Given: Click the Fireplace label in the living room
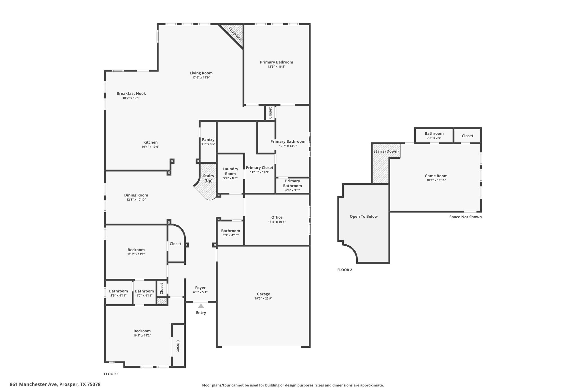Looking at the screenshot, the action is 235,34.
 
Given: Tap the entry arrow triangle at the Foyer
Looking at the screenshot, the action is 201,306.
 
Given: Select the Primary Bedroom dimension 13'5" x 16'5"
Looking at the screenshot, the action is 276,67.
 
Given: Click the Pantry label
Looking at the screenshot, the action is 208,140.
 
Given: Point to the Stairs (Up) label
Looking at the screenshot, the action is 208,178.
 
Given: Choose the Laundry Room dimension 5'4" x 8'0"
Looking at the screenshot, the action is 230,178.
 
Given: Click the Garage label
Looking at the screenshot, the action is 263,294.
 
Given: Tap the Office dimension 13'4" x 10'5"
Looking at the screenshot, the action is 277,222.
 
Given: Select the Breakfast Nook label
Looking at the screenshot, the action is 131,93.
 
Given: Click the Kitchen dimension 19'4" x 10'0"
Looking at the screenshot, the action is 151,147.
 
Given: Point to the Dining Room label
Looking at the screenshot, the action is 136,195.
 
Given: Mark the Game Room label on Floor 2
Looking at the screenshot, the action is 436,176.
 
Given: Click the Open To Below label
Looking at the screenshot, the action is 364,217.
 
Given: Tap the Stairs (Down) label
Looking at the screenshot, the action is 386,151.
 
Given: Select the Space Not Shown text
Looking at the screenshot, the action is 466,217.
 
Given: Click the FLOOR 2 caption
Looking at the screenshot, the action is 345,270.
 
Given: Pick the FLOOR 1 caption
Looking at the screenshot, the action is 111,374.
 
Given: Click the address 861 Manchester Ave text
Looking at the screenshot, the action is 34,384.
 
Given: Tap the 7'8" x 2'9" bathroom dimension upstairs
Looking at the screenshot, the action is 434,138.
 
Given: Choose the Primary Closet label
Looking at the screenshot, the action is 260,168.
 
